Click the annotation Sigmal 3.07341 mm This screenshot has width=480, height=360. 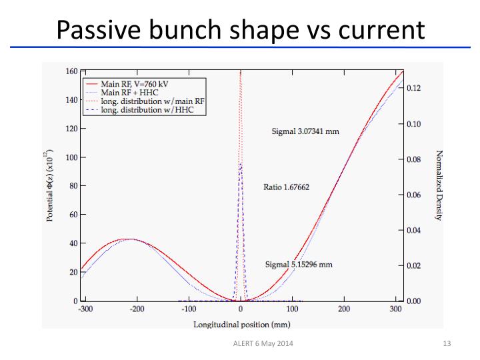(x=305, y=131)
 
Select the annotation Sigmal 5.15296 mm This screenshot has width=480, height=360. (x=299, y=264)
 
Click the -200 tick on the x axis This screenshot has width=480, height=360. (x=137, y=310)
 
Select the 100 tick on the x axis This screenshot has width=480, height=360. (x=292, y=310)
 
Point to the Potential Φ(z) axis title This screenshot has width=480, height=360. (x=51, y=186)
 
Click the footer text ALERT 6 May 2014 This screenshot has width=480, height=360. (x=259, y=344)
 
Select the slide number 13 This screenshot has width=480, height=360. (x=447, y=344)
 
